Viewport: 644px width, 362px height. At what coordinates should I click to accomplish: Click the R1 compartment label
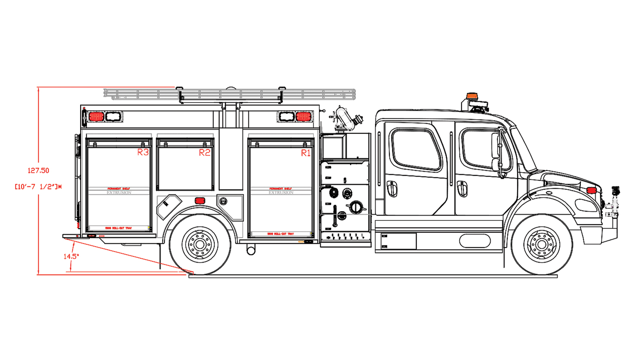click(x=306, y=153)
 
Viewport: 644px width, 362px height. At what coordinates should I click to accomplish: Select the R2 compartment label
click(x=204, y=152)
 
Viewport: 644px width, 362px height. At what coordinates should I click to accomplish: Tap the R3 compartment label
click(x=143, y=152)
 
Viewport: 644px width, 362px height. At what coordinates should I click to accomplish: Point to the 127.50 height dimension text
click(x=38, y=171)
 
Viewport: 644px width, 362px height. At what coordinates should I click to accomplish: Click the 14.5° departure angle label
click(x=71, y=256)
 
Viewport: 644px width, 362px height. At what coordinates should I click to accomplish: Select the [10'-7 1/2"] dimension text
click(x=38, y=187)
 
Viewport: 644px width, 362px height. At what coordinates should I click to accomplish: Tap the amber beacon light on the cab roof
click(x=471, y=96)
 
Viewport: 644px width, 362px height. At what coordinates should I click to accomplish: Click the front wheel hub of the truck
click(x=542, y=245)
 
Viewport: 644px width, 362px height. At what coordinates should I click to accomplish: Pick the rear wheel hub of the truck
click(x=200, y=245)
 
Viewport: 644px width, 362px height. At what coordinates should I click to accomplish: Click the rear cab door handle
click(x=391, y=188)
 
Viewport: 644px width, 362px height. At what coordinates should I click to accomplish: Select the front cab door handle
click(x=462, y=188)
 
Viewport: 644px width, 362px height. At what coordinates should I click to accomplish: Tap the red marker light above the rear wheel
click(x=200, y=201)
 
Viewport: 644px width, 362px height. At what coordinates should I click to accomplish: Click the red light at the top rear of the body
click(x=96, y=117)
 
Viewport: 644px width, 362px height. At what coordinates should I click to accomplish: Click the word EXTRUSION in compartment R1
click(x=281, y=193)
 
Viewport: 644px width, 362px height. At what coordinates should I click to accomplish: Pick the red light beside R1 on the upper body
click(x=303, y=117)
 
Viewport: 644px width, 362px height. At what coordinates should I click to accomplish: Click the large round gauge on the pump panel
click(x=356, y=207)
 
